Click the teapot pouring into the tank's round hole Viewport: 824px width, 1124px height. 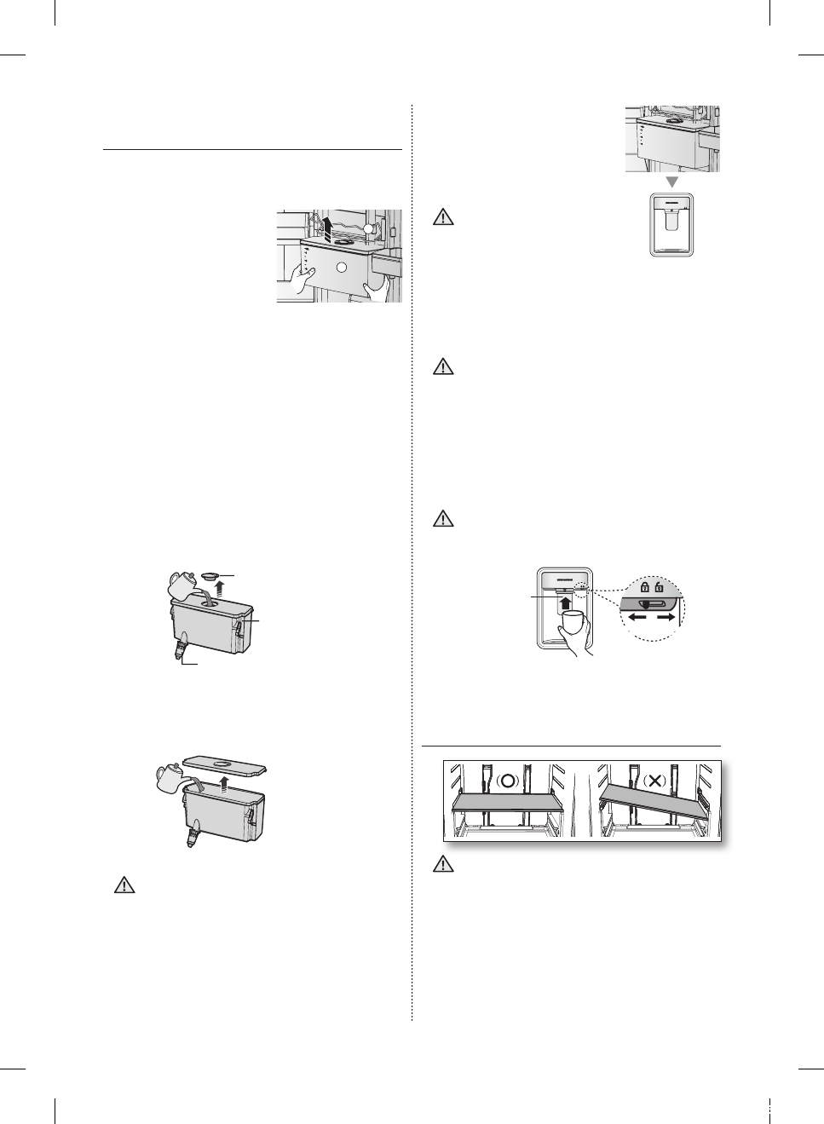point(182,585)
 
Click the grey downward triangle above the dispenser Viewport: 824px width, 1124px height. point(671,182)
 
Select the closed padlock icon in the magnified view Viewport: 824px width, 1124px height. point(643,587)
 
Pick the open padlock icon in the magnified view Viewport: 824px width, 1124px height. point(659,587)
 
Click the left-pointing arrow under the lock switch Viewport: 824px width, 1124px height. point(637,617)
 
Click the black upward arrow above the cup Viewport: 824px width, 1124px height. point(563,604)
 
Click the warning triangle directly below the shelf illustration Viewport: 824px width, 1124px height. point(442,865)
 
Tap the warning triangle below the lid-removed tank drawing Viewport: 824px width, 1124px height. point(125,885)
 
